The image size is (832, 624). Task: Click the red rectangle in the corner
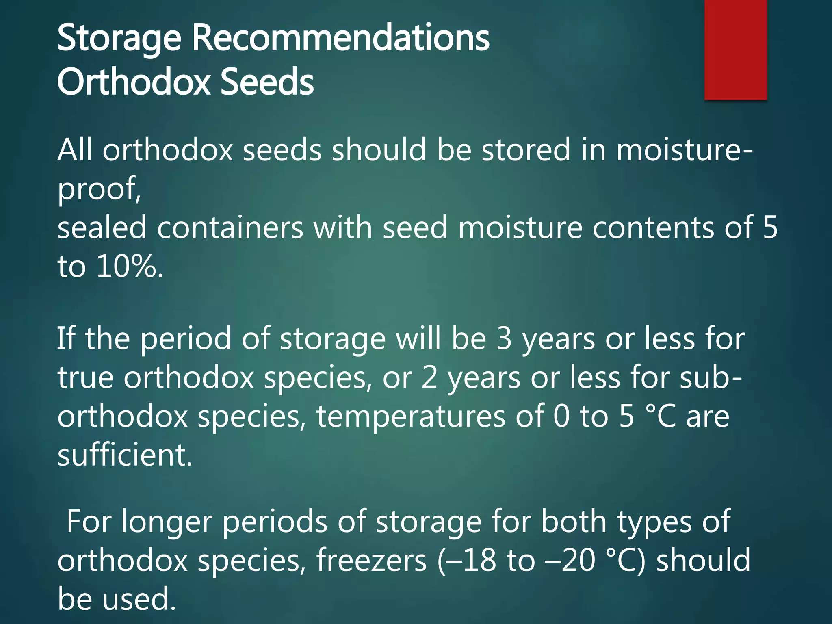point(735,50)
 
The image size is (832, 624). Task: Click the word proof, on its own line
point(99,189)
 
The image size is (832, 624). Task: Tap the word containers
point(230,227)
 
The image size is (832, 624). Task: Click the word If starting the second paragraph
point(65,338)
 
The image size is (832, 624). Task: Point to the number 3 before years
point(504,338)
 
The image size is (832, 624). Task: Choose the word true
point(85,377)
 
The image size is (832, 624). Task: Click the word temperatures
point(411,416)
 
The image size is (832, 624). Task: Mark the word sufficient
point(124,455)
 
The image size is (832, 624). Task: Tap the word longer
point(167,522)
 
